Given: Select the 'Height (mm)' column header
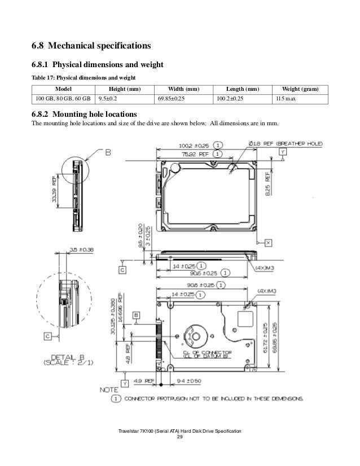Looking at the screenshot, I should click(124, 89).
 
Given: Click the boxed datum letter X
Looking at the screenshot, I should click(268, 242).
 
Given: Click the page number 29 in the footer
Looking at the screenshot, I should click(180, 438).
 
